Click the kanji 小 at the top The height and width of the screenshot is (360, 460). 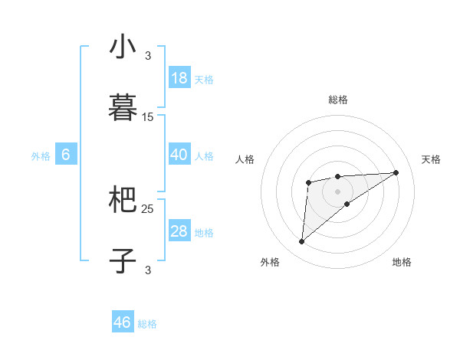pyautogui.click(x=123, y=47)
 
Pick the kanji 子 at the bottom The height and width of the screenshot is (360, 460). pyautogui.click(x=123, y=260)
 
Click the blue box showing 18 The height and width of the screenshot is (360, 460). pyautogui.click(x=179, y=78)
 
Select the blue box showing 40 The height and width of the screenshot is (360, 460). pyautogui.click(x=179, y=155)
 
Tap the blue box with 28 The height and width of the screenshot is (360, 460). pyautogui.click(x=179, y=231)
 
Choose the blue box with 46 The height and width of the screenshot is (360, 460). pyautogui.click(x=123, y=322)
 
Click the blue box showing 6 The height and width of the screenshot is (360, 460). pyautogui.click(x=66, y=155)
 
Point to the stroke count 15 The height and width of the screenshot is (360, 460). pyautogui.click(x=148, y=117)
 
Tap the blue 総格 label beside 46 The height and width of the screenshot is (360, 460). pyautogui.click(x=147, y=324)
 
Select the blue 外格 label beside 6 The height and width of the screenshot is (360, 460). pyautogui.click(x=41, y=156)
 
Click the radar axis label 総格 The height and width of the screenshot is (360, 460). pyautogui.click(x=337, y=100)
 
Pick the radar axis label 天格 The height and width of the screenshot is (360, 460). pyautogui.click(x=431, y=159)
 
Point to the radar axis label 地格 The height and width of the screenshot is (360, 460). pyautogui.click(x=402, y=262)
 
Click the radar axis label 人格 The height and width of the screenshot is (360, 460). pyautogui.click(x=245, y=159)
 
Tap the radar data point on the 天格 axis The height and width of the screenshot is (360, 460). pyautogui.click(x=396, y=172)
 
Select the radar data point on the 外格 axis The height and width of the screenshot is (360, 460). pyautogui.click(x=302, y=242)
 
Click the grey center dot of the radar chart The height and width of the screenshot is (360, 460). pyautogui.click(x=337, y=191)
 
